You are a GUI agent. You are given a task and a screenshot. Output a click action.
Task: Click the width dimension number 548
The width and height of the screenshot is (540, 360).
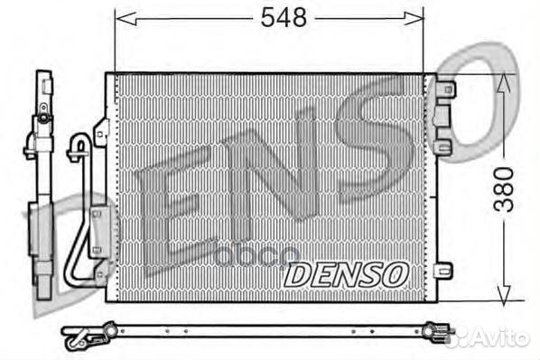pos(284,17)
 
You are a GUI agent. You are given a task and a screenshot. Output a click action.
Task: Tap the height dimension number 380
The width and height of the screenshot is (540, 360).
pos(504,189)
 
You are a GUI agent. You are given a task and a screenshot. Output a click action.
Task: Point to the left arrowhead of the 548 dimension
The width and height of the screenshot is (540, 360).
pos(126,18)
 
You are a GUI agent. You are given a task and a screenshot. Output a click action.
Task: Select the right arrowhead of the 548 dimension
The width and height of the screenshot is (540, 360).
pos(414,18)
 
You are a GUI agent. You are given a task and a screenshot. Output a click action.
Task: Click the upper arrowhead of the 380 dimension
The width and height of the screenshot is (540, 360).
pos(504,85)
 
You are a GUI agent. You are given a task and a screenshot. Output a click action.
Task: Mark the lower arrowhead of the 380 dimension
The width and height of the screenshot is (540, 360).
pos(504,291)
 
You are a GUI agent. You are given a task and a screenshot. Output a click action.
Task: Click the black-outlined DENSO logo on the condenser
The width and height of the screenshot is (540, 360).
pos(346,274)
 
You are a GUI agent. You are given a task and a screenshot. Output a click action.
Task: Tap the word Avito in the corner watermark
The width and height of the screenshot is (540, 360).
pos(502,337)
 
